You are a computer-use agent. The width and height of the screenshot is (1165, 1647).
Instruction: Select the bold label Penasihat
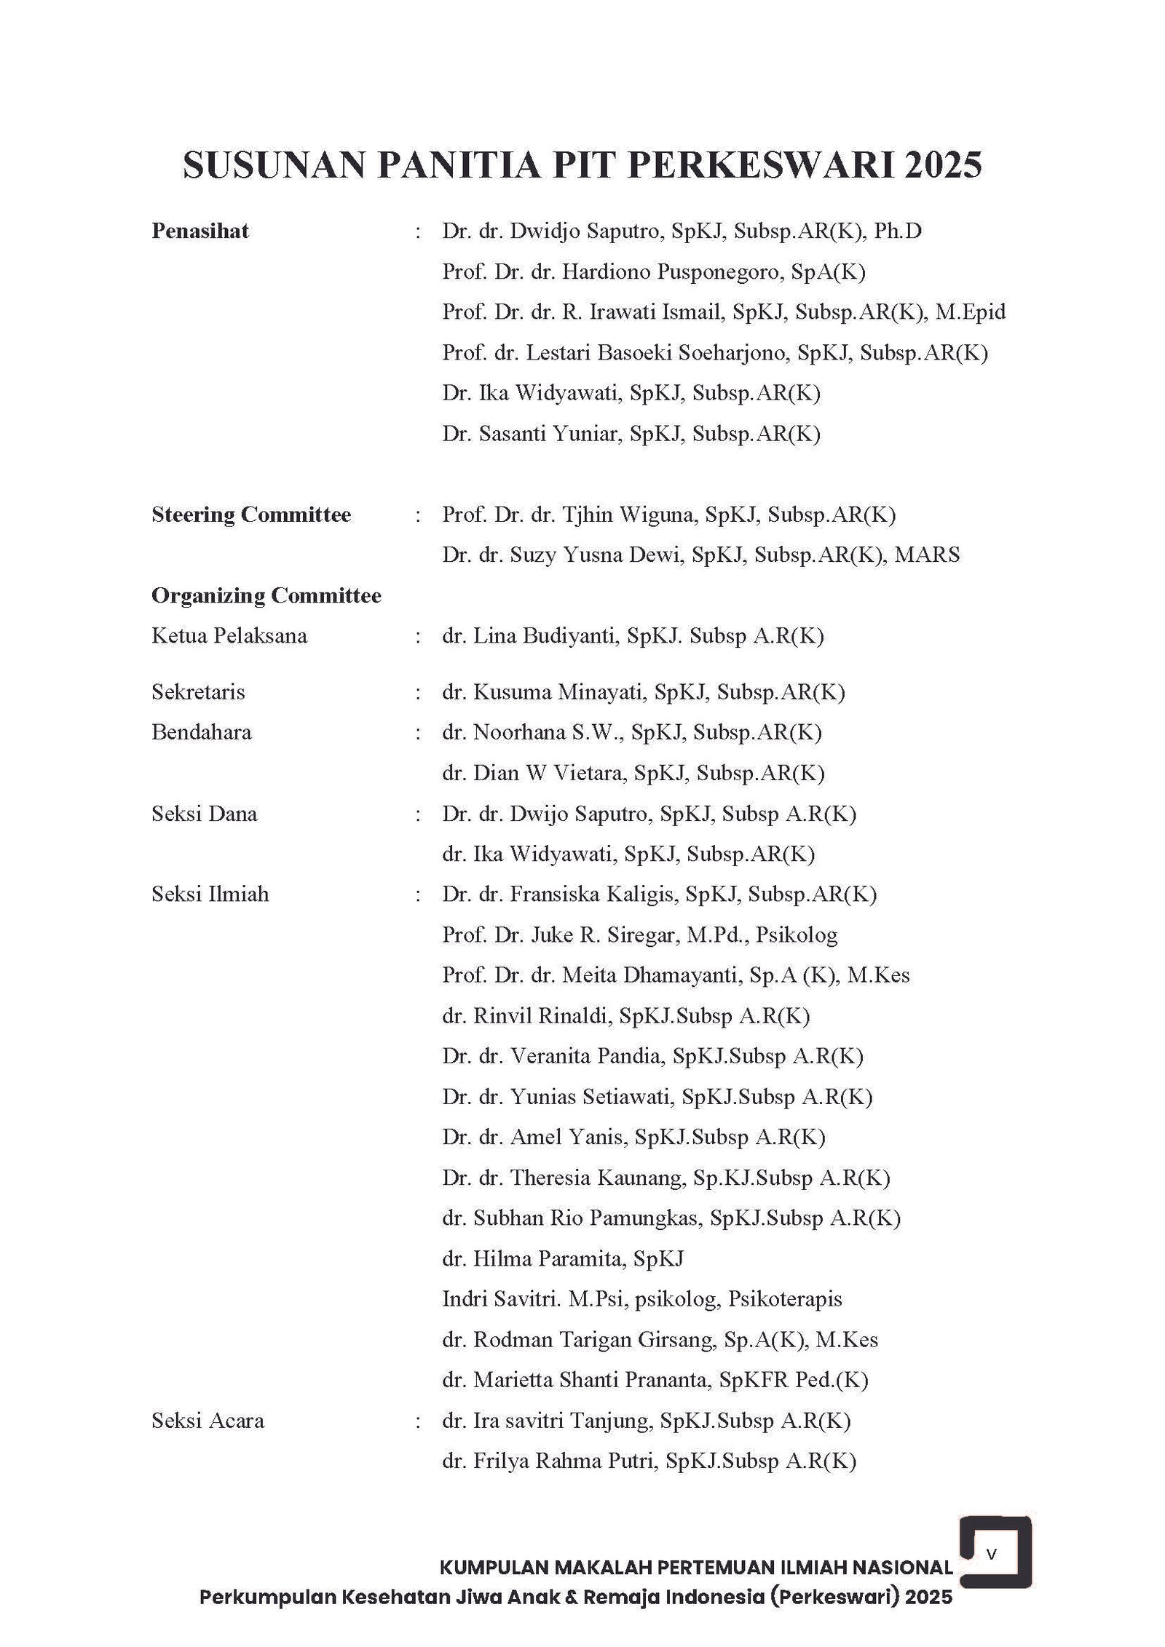(200, 231)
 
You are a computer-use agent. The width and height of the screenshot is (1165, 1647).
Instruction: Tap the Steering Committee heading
(250, 515)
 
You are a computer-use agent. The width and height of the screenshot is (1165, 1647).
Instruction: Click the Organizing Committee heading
(266, 595)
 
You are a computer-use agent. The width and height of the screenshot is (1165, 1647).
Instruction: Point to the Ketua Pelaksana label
(229, 636)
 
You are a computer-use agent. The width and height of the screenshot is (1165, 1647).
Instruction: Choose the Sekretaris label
(198, 691)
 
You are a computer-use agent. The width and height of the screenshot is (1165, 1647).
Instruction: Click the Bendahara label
(201, 731)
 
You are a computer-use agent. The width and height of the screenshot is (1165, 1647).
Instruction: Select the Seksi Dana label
(204, 813)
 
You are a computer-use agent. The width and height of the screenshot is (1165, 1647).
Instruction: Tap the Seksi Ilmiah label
(210, 894)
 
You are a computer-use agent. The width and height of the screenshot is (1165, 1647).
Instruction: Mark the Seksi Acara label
(208, 1420)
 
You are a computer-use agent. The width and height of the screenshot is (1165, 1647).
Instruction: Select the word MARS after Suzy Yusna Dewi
(927, 555)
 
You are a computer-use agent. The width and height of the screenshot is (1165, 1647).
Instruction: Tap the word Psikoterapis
(784, 1299)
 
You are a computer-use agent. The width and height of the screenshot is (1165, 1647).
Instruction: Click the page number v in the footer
(991, 1553)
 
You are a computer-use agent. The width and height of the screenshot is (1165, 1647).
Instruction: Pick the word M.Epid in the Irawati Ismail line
(971, 312)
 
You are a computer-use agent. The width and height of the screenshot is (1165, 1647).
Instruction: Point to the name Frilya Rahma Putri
(562, 1461)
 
